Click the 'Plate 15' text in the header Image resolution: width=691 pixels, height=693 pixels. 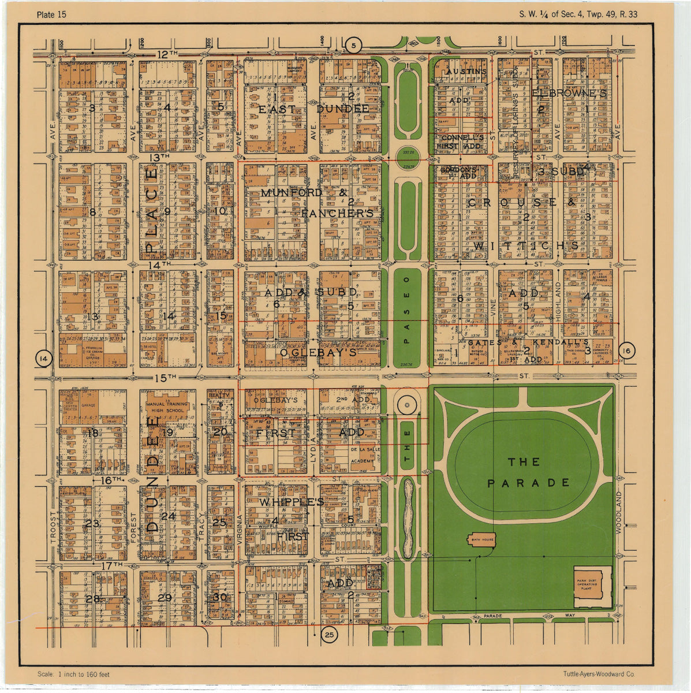click(x=51, y=14)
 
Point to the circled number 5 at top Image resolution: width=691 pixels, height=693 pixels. click(x=354, y=44)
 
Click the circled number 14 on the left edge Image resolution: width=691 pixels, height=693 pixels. click(x=43, y=359)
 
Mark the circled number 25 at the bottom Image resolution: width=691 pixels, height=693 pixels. click(x=329, y=635)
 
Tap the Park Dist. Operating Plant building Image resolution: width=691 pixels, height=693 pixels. click(x=592, y=586)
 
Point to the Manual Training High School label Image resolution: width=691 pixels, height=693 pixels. click(x=167, y=407)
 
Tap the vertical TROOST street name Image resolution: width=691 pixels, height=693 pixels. click(x=53, y=528)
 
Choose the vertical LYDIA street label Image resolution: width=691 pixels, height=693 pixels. click(x=313, y=448)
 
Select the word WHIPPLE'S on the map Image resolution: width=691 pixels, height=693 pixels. click(x=291, y=502)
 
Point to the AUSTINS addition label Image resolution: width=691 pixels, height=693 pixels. click(x=466, y=72)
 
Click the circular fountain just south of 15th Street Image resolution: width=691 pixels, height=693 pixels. click(x=406, y=405)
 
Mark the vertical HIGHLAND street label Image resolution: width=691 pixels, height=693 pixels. click(x=558, y=301)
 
